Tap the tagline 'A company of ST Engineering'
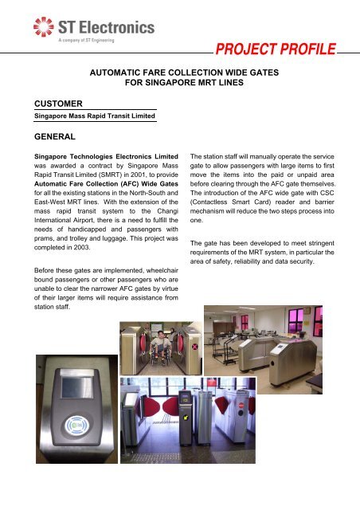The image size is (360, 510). (x=90, y=45)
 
